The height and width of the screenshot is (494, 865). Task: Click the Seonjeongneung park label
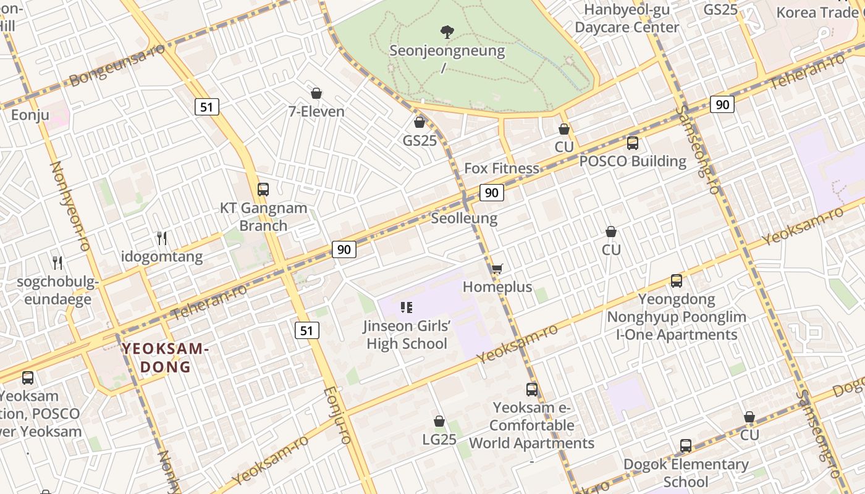point(447,51)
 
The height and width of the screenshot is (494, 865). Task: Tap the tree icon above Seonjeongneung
point(447,31)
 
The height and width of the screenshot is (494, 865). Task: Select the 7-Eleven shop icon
point(316,93)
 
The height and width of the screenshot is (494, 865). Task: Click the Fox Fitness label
point(501,169)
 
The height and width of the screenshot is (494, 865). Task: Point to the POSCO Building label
point(633,162)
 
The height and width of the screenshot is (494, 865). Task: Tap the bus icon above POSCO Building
point(633,143)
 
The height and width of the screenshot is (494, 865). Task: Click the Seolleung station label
point(464,218)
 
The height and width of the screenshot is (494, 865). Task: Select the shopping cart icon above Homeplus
point(497,269)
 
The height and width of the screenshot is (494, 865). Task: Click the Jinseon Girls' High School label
point(407,335)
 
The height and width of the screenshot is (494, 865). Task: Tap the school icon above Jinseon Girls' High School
point(407,307)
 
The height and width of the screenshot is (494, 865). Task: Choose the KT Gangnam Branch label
point(264,217)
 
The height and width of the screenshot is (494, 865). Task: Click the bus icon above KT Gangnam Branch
point(263,190)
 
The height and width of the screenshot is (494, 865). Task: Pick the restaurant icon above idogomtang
point(162,238)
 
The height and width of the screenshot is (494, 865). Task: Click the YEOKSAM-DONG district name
point(166,358)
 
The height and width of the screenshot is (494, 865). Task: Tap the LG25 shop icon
point(439,421)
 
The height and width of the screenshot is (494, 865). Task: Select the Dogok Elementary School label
point(686,472)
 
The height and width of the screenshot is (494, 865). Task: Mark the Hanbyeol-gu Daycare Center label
point(627,19)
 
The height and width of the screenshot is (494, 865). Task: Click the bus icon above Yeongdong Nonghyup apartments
point(677,281)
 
